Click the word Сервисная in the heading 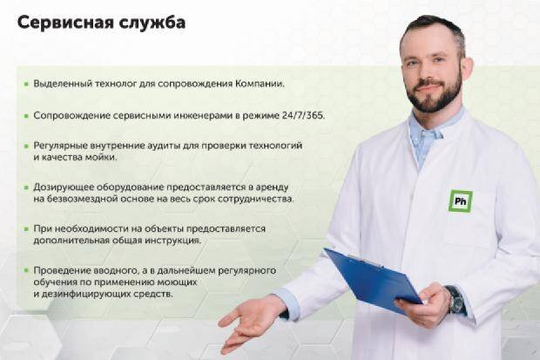click(65, 23)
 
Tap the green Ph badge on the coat click(461, 200)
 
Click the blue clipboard click(373, 280)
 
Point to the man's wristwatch click(455, 299)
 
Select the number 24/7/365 click(303, 116)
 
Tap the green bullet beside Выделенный click(26, 84)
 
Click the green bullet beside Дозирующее click(26, 187)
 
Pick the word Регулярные click(60, 146)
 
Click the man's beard click(435, 93)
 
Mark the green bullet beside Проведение click(26, 270)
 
